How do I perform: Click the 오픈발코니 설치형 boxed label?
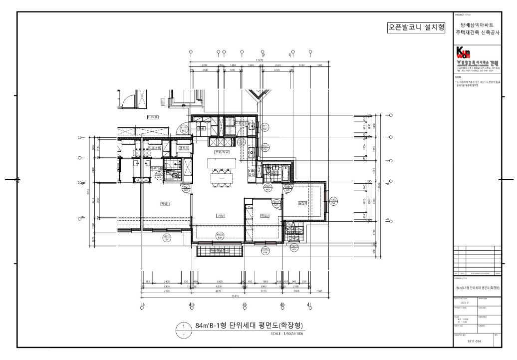tap(416, 27)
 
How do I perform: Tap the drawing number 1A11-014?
tap(475, 342)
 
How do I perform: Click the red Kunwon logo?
tap(464, 52)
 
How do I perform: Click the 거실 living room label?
tap(220, 215)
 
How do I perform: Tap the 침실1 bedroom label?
tap(164, 204)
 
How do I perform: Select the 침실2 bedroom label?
tap(264, 216)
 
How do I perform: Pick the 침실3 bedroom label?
tap(302, 203)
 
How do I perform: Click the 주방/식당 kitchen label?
tap(221, 152)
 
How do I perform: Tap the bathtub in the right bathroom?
tap(284, 173)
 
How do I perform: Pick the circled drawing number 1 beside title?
tap(184, 326)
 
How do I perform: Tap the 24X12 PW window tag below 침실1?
tap(165, 238)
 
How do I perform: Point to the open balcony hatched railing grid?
tap(220, 250)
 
